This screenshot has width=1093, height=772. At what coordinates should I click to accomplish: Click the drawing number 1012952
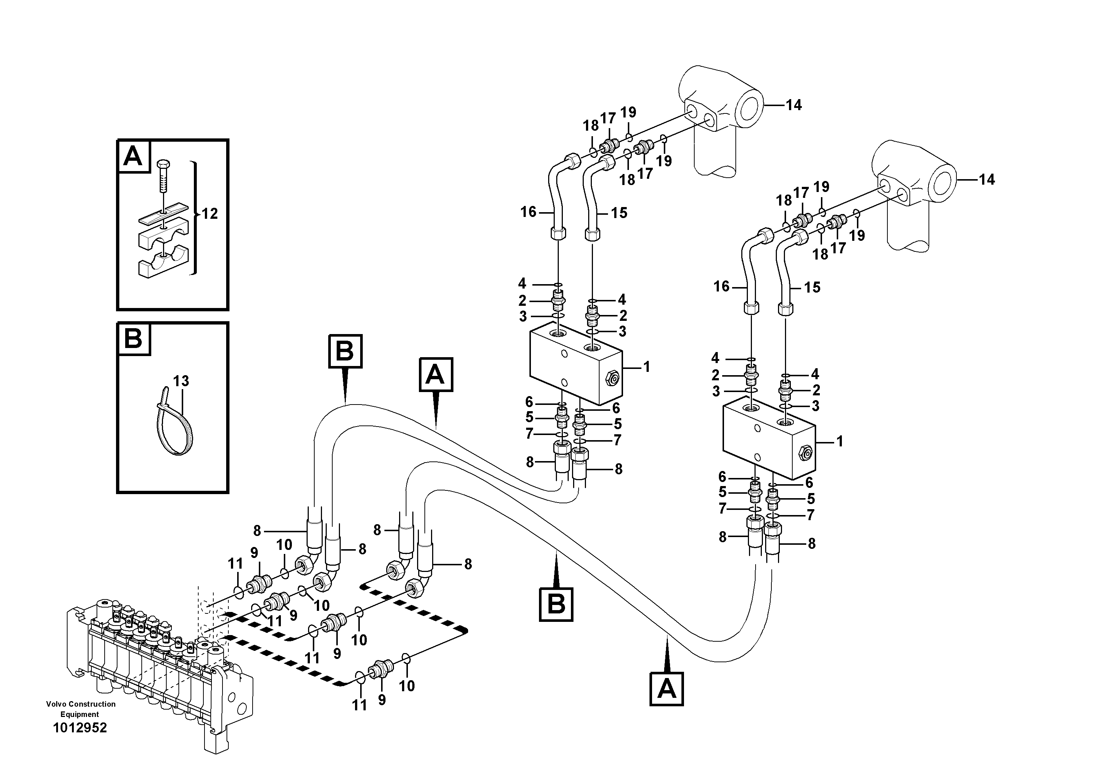(80, 728)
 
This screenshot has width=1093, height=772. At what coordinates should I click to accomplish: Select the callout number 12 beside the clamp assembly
(210, 214)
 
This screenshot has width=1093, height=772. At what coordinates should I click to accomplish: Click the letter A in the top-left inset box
(133, 156)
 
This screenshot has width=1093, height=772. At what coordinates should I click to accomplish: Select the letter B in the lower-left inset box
(133, 339)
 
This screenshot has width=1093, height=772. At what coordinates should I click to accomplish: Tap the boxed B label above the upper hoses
(345, 351)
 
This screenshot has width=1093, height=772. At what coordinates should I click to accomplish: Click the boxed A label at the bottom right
(666, 689)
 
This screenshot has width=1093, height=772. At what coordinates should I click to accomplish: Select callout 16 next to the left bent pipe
(528, 212)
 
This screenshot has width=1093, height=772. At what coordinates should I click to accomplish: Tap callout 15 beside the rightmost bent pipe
(812, 287)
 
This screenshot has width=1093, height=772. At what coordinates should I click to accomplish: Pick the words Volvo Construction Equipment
(80, 709)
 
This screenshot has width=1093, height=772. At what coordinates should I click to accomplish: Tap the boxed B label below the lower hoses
(556, 605)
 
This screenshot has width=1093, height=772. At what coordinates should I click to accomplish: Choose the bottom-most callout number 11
(359, 705)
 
